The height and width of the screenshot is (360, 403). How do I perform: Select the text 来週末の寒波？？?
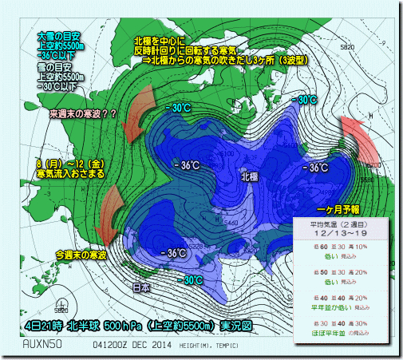pos(83,114)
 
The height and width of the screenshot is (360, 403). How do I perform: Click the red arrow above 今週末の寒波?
pos(109,213)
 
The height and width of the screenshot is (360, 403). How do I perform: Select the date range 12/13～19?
pos(341,235)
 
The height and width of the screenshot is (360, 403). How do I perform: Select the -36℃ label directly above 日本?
pos(175,253)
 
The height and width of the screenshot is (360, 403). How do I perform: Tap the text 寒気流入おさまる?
pos(67,173)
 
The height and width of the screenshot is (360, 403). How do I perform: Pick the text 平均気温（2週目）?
pos(341,226)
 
